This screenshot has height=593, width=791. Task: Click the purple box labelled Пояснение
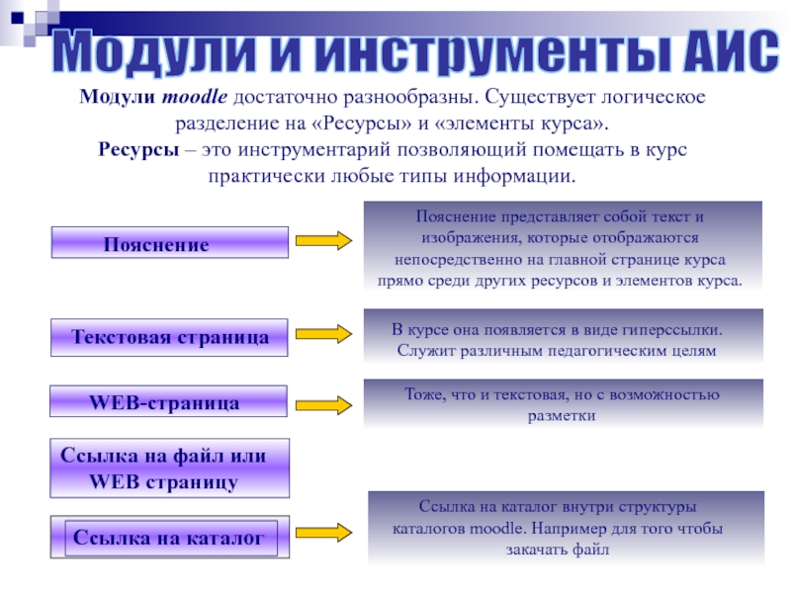[169, 243]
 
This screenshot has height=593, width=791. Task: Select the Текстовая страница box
[169, 337]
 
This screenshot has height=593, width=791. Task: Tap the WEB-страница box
[169, 403]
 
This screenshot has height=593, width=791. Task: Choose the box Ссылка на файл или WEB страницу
[169, 468]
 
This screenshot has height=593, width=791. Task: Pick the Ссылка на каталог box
[169, 539]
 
